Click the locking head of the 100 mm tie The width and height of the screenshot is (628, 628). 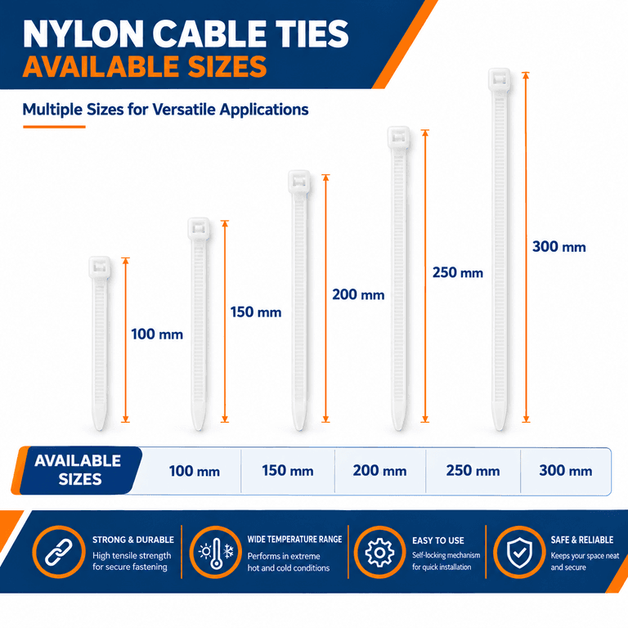pyautogui.click(x=99, y=267)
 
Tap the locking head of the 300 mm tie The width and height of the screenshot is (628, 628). pyautogui.click(x=499, y=79)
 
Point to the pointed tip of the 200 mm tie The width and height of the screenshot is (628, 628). pyautogui.click(x=298, y=428)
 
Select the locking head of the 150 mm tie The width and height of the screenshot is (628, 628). pyautogui.click(x=199, y=229)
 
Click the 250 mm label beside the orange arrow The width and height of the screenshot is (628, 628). pyautogui.click(x=458, y=273)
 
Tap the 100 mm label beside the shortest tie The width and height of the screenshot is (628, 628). pyautogui.click(x=157, y=334)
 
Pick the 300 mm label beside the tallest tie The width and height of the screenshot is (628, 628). pyautogui.click(x=559, y=247)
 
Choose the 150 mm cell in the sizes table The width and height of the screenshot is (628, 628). pyautogui.click(x=288, y=471)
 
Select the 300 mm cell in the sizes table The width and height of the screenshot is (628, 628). pyautogui.click(x=566, y=471)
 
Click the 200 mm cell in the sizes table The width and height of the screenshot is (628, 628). pyautogui.click(x=379, y=471)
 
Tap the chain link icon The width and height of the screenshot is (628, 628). pyautogui.click(x=59, y=552)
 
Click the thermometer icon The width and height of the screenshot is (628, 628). pyautogui.click(x=216, y=552)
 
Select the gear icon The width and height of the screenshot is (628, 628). pyautogui.click(x=379, y=552)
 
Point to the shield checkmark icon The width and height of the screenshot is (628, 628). pyautogui.click(x=519, y=552)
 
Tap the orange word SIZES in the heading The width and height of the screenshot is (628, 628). pyautogui.click(x=227, y=66)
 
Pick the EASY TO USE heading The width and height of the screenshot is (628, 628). pyautogui.click(x=438, y=541)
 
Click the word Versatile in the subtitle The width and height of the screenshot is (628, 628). pyautogui.click(x=184, y=110)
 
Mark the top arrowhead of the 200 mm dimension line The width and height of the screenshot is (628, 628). pyautogui.click(x=325, y=177)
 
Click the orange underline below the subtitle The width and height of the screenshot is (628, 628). pyautogui.click(x=54, y=127)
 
